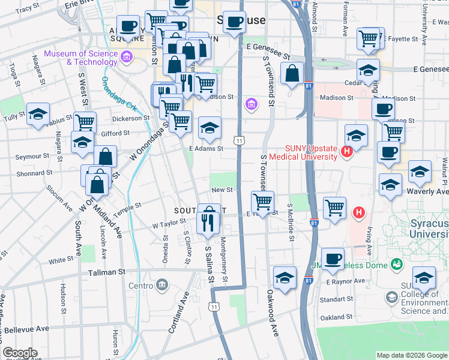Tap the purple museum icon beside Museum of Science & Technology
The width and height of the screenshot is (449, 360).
(127, 58)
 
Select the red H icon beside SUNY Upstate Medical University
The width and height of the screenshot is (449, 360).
(346, 152)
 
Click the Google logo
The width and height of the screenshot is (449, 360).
(20, 353)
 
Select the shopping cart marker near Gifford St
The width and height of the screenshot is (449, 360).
(85, 122)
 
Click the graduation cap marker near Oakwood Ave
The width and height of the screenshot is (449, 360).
(285, 277)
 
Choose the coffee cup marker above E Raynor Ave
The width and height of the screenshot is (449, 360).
(332, 259)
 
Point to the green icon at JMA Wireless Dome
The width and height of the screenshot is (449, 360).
(396, 263)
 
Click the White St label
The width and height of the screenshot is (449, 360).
(61, 260)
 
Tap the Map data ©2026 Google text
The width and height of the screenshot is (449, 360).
(411, 355)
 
